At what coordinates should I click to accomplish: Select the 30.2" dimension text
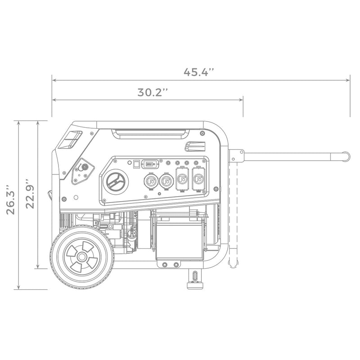[153, 93]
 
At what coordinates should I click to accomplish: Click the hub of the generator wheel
[81, 257]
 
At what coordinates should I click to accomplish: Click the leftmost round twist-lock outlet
[150, 180]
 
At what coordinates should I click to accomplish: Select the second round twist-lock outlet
[166, 180]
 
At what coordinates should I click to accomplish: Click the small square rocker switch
[136, 164]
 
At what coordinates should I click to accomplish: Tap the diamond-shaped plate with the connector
[82, 171]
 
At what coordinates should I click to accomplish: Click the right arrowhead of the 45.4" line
[349, 81]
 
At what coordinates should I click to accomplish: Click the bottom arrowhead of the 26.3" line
[18, 288]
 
